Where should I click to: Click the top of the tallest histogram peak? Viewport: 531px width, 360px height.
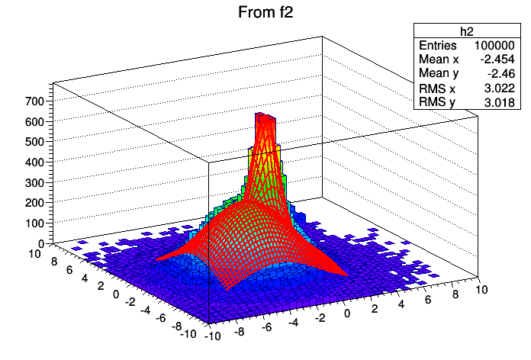pos(265,115)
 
